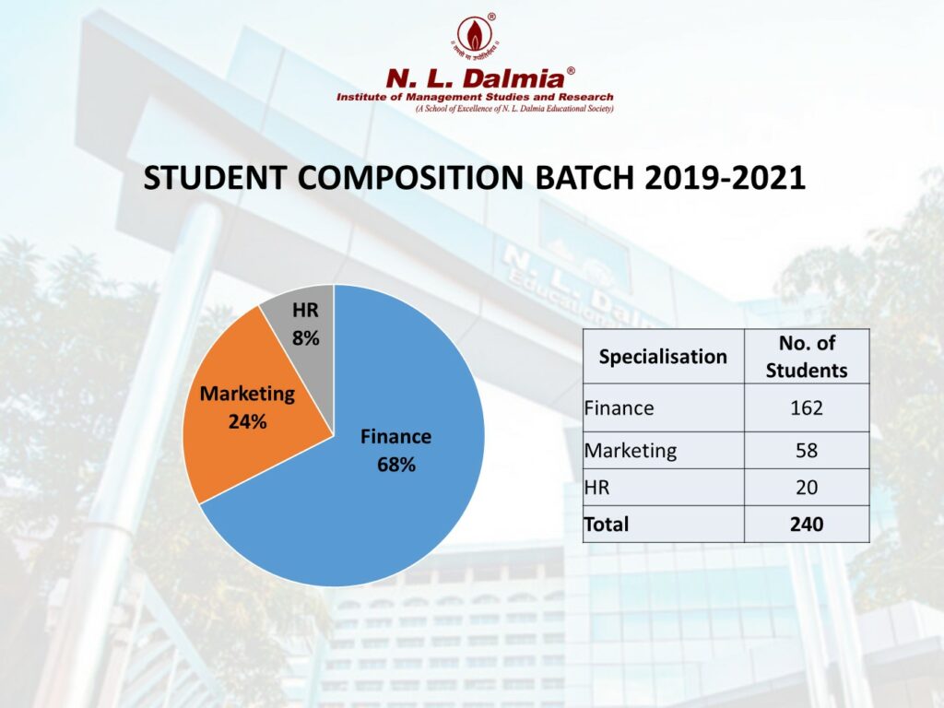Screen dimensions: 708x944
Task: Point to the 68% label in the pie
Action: [x=395, y=465]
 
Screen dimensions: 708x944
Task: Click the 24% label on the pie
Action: [x=247, y=422]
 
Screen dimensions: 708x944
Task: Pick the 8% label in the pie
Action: [x=305, y=338]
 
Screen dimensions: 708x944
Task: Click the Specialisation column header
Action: [x=663, y=356]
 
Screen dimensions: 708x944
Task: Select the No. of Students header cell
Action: [x=806, y=356]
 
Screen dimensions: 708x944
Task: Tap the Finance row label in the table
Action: [x=619, y=407]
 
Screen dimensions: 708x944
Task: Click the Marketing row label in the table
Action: [x=630, y=451]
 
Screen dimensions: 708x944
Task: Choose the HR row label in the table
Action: [x=596, y=488]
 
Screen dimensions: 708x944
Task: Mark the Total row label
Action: [x=606, y=525]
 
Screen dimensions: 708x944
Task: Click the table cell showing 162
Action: [x=806, y=407]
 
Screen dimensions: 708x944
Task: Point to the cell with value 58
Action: [x=806, y=451]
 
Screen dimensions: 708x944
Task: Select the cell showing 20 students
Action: [x=806, y=488]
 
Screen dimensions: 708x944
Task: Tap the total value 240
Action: [x=806, y=525]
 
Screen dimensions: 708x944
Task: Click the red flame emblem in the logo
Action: [x=475, y=35]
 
